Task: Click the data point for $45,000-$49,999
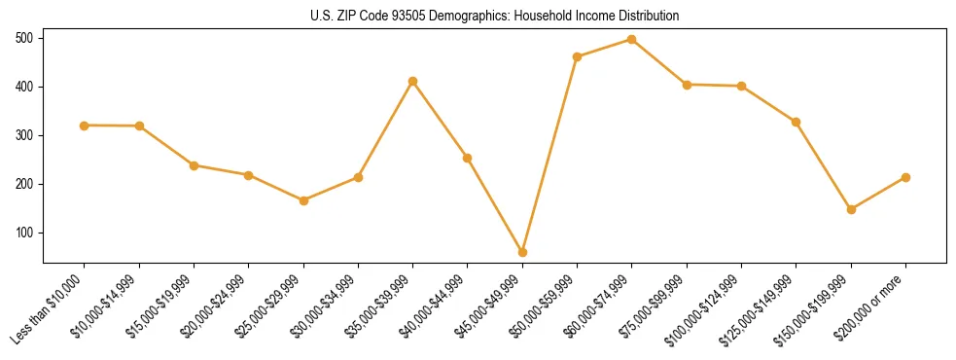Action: [522, 252]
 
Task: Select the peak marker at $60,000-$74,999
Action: [632, 40]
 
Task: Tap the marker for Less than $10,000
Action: [85, 126]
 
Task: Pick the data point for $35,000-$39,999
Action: [413, 82]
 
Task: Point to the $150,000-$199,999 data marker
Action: [851, 209]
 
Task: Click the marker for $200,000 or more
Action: [905, 177]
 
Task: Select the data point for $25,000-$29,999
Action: [303, 200]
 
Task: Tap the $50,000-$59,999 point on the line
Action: [578, 57]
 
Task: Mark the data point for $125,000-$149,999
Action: [797, 122]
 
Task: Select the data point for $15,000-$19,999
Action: [195, 165]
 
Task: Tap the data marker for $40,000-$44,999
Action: [468, 158]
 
